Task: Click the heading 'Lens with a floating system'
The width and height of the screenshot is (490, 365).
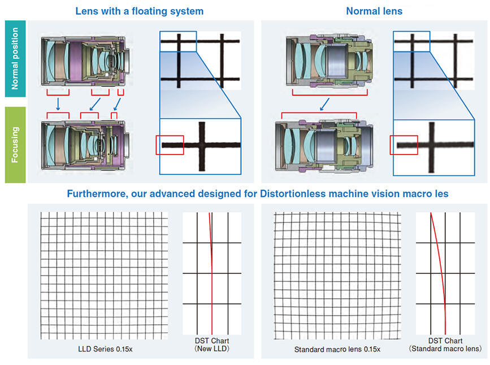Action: point(139,11)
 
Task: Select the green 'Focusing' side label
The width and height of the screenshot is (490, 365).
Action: point(15,145)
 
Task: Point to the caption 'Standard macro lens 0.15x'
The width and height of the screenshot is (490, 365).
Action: point(335,349)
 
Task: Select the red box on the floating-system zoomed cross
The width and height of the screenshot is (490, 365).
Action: point(170,144)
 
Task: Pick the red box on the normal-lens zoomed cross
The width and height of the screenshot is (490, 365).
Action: point(404,144)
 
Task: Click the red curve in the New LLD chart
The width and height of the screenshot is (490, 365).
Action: point(211,272)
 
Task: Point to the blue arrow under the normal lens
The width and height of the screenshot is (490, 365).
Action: point(324,104)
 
